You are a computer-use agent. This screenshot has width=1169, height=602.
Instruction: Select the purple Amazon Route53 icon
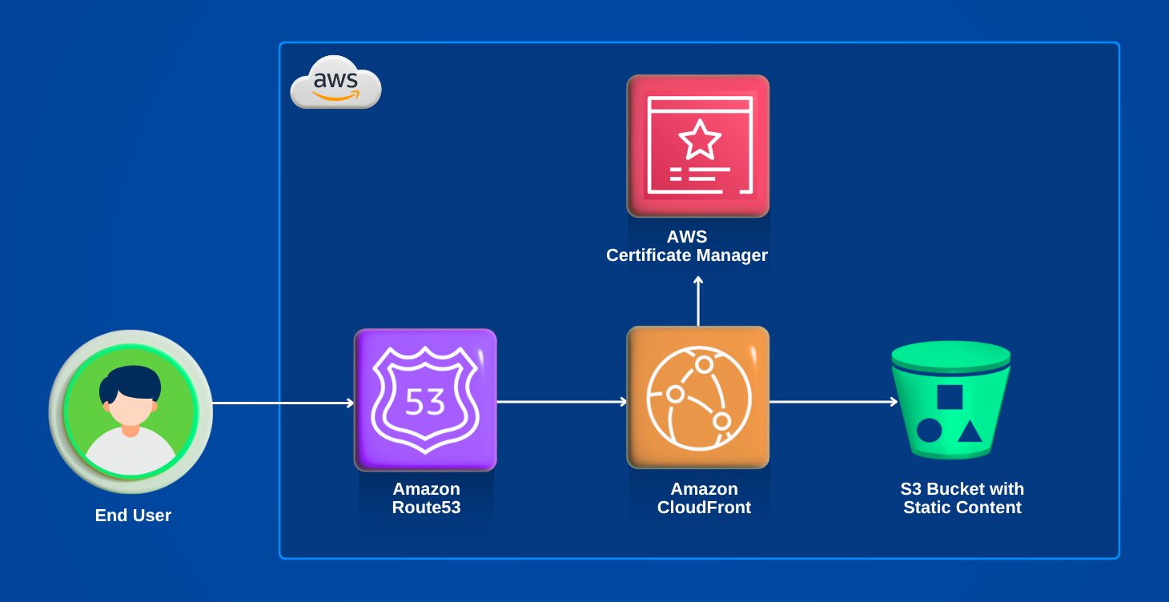(425, 399)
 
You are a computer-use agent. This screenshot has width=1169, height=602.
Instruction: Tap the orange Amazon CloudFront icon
(697, 398)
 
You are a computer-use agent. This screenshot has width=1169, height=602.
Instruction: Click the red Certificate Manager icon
(697, 146)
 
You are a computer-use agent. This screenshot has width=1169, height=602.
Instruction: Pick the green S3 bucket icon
(950, 399)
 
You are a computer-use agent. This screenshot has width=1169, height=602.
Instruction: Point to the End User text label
(133, 516)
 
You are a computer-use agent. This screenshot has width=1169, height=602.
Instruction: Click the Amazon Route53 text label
(426, 498)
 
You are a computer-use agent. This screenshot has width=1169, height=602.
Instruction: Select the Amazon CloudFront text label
(704, 498)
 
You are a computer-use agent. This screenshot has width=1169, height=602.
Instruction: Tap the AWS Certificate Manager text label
(686, 247)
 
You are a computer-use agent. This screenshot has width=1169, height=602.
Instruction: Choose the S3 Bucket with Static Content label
(962, 498)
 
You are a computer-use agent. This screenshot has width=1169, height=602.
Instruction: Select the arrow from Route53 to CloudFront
(561, 402)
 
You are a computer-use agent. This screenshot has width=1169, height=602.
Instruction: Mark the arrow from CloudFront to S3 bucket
(833, 402)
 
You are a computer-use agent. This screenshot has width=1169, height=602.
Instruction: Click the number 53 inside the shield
(424, 402)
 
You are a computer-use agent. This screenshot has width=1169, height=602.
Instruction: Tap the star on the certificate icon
(700, 139)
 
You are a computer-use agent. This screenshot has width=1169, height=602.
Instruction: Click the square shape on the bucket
(950, 398)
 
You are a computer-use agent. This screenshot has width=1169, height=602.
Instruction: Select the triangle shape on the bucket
(970, 432)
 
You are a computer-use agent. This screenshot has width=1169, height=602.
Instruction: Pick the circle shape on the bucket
(928, 431)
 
